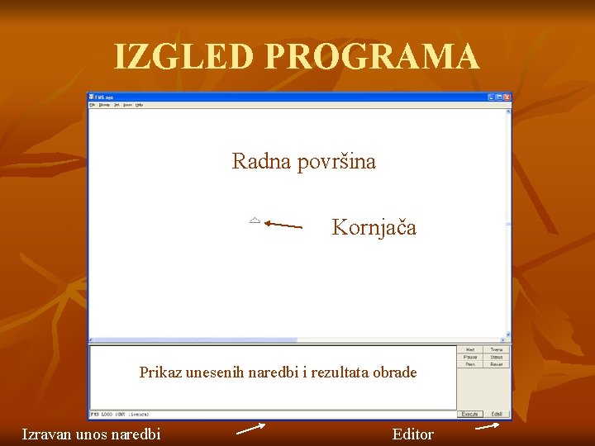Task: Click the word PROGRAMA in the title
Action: pos(372,57)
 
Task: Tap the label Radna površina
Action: pos(303,161)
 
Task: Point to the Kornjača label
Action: pos(374,227)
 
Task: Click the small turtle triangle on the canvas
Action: pos(255,221)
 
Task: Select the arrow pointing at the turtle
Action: pos(283,224)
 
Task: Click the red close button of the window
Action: pos(507,97)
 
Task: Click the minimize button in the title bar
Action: pos(491,97)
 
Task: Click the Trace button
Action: pos(497,350)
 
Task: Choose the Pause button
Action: pos(470,357)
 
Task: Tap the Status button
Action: pos(497,357)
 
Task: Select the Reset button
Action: pos(497,363)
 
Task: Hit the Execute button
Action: pos(470,414)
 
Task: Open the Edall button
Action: pos(497,414)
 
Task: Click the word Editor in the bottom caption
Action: pos(412,434)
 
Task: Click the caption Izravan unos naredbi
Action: pos(91,434)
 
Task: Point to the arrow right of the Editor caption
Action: pos(488,427)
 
